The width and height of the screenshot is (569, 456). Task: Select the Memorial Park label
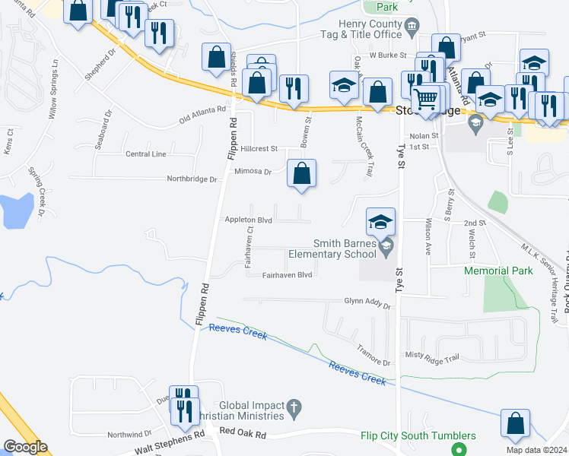498,271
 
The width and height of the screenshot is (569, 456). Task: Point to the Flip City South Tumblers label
418,435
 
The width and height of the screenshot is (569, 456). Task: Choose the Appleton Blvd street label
248,220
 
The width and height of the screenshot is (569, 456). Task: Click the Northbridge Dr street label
192,179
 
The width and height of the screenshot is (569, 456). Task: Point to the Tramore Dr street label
373,356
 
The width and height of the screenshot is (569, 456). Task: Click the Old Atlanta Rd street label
203,116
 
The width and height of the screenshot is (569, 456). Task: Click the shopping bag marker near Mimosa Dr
302,174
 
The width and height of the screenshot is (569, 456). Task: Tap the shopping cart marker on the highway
426,97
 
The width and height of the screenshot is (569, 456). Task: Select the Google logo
25,447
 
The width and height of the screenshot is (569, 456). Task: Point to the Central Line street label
145,154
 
